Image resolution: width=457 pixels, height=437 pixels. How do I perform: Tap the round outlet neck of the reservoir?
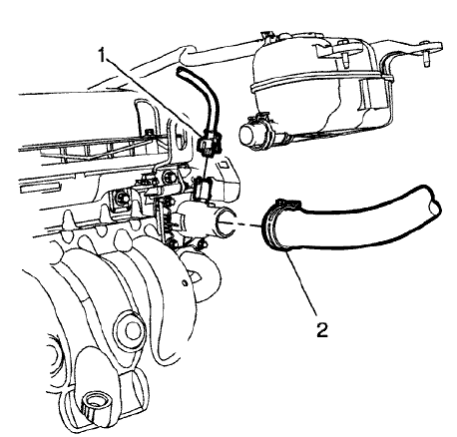pyautogui.click(x=255, y=134)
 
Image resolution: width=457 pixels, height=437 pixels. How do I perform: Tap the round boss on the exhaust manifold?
pyautogui.click(x=129, y=330)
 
